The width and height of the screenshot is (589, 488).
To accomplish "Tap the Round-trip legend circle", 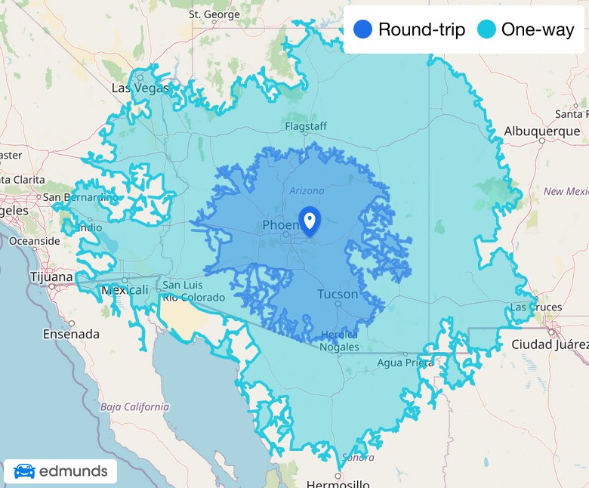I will click(363, 30).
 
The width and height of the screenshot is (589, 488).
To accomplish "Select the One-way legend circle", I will click(486, 30).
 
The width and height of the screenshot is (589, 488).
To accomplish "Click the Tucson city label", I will click(338, 294).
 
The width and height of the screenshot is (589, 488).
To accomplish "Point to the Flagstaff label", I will click(307, 125).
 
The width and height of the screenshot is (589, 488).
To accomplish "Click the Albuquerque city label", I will click(541, 131).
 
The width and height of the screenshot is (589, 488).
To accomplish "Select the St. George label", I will click(215, 14).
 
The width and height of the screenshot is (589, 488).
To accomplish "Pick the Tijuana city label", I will click(51, 276).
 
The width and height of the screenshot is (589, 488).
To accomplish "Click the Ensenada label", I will click(70, 333).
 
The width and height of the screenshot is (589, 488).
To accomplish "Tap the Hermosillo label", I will click(338, 483).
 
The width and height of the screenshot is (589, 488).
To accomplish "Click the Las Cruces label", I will click(536, 307).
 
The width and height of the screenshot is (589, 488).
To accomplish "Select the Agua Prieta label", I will click(405, 363).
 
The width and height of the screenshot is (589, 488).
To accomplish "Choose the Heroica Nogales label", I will click(338, 340).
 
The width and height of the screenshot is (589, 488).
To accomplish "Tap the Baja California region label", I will click(134, 406).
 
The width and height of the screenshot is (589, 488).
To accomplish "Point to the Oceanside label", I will click(34, 241).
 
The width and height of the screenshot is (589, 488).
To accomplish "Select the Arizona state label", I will click(307, 191).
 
